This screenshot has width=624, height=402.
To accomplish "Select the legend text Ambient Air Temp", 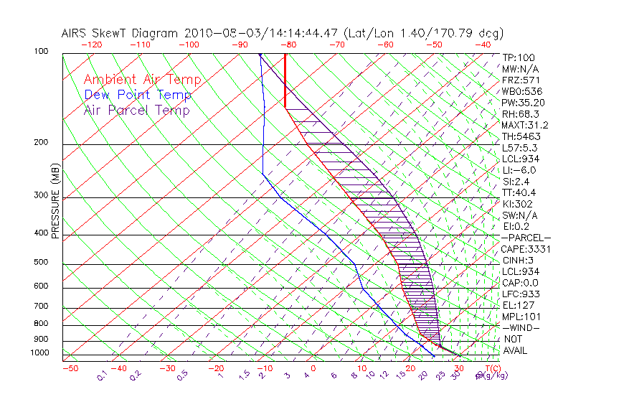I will (142, 80).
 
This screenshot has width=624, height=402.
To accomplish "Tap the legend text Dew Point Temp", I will (138, 95).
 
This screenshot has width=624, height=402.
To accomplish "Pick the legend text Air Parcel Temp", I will (137, 110).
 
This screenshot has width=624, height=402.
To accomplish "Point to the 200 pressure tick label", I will (42, 142).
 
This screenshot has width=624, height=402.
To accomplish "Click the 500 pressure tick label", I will (42, 263).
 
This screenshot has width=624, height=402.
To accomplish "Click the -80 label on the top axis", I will (288, 45).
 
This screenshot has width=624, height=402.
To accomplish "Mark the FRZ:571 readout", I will (519, 80).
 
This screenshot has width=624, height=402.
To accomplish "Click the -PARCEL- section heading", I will (526, 238).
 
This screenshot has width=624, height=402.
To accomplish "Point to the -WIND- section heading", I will (521, 327).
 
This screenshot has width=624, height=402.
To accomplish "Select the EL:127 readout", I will (517, 305).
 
